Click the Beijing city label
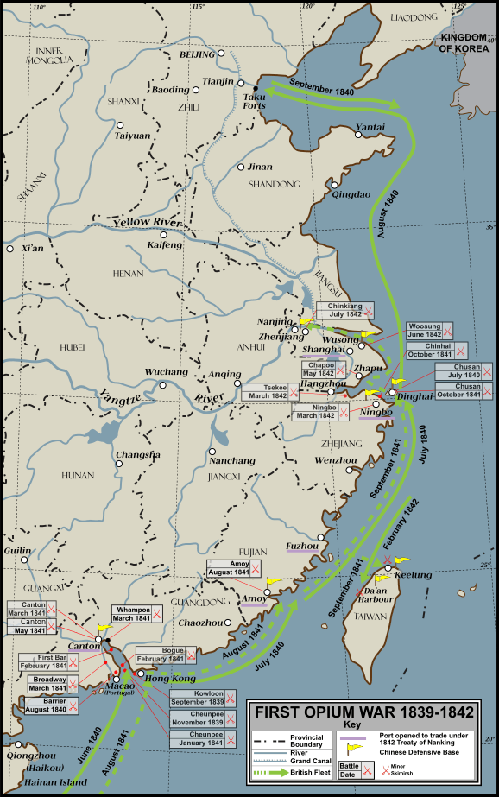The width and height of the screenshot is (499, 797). pyautogui.click(x=196, y=54)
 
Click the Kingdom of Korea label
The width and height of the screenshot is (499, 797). pyautogui.click(x=466, y=44)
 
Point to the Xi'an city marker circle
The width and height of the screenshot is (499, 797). pyautogui.click(x=9, y=249)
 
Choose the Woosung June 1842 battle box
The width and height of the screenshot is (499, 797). pyautogui.click(x=430, y=330)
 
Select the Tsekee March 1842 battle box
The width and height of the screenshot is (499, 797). pyautogui.click(x=269, y=391)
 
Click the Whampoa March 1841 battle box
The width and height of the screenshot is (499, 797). pyautogui.click(x=131, y=613)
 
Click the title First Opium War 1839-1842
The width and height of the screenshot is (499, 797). pyautogui.click(x=364, y=712)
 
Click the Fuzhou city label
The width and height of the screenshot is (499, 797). pyautogui.click(x=302, y=546)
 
